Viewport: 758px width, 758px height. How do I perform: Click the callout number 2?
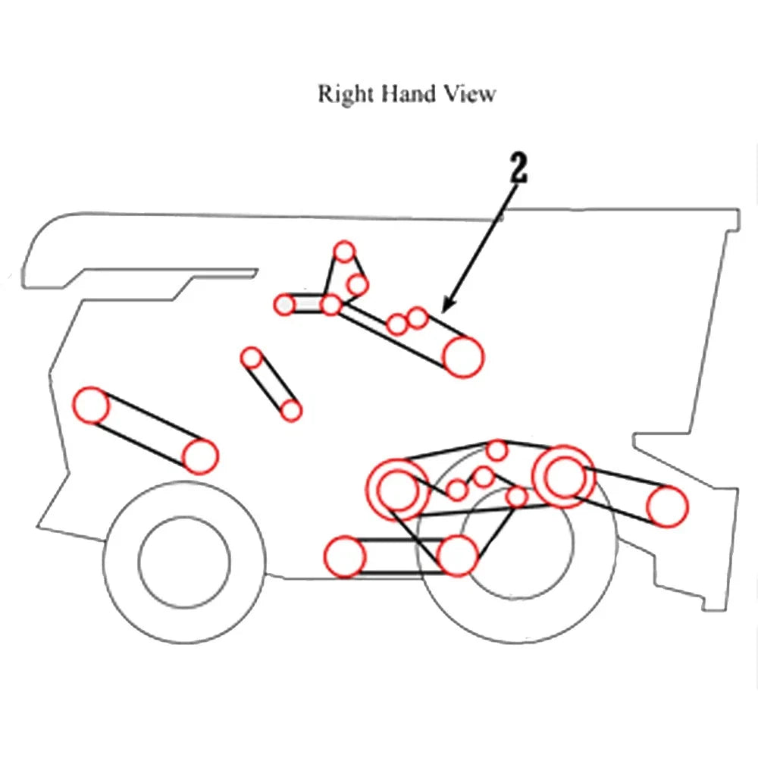[518, 168]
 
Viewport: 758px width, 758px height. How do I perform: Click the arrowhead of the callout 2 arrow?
[448, 305]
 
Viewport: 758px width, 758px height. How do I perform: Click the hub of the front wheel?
[184, 562]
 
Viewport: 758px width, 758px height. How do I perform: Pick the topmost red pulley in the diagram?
[344, 252]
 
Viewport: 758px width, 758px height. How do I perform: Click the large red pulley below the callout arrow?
[463, 357]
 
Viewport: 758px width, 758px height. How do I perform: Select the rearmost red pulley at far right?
[667, 506]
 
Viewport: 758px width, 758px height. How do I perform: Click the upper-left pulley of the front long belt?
[91, 406]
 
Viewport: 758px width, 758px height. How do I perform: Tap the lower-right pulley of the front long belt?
[200, 456]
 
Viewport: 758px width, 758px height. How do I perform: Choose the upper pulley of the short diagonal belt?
[252, 358]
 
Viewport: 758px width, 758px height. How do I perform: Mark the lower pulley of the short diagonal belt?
[291, 411]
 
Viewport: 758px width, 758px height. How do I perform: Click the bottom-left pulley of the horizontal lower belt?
[345, 556]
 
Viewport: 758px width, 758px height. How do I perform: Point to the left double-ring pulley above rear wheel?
[397, 490]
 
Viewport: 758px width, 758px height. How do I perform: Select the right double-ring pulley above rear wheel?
[563, 477]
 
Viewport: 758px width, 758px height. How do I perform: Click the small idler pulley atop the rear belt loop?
[497, 450]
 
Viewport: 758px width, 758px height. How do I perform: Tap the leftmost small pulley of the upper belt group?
[285, 305]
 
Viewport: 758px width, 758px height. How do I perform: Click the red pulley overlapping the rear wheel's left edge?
[457, 556]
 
